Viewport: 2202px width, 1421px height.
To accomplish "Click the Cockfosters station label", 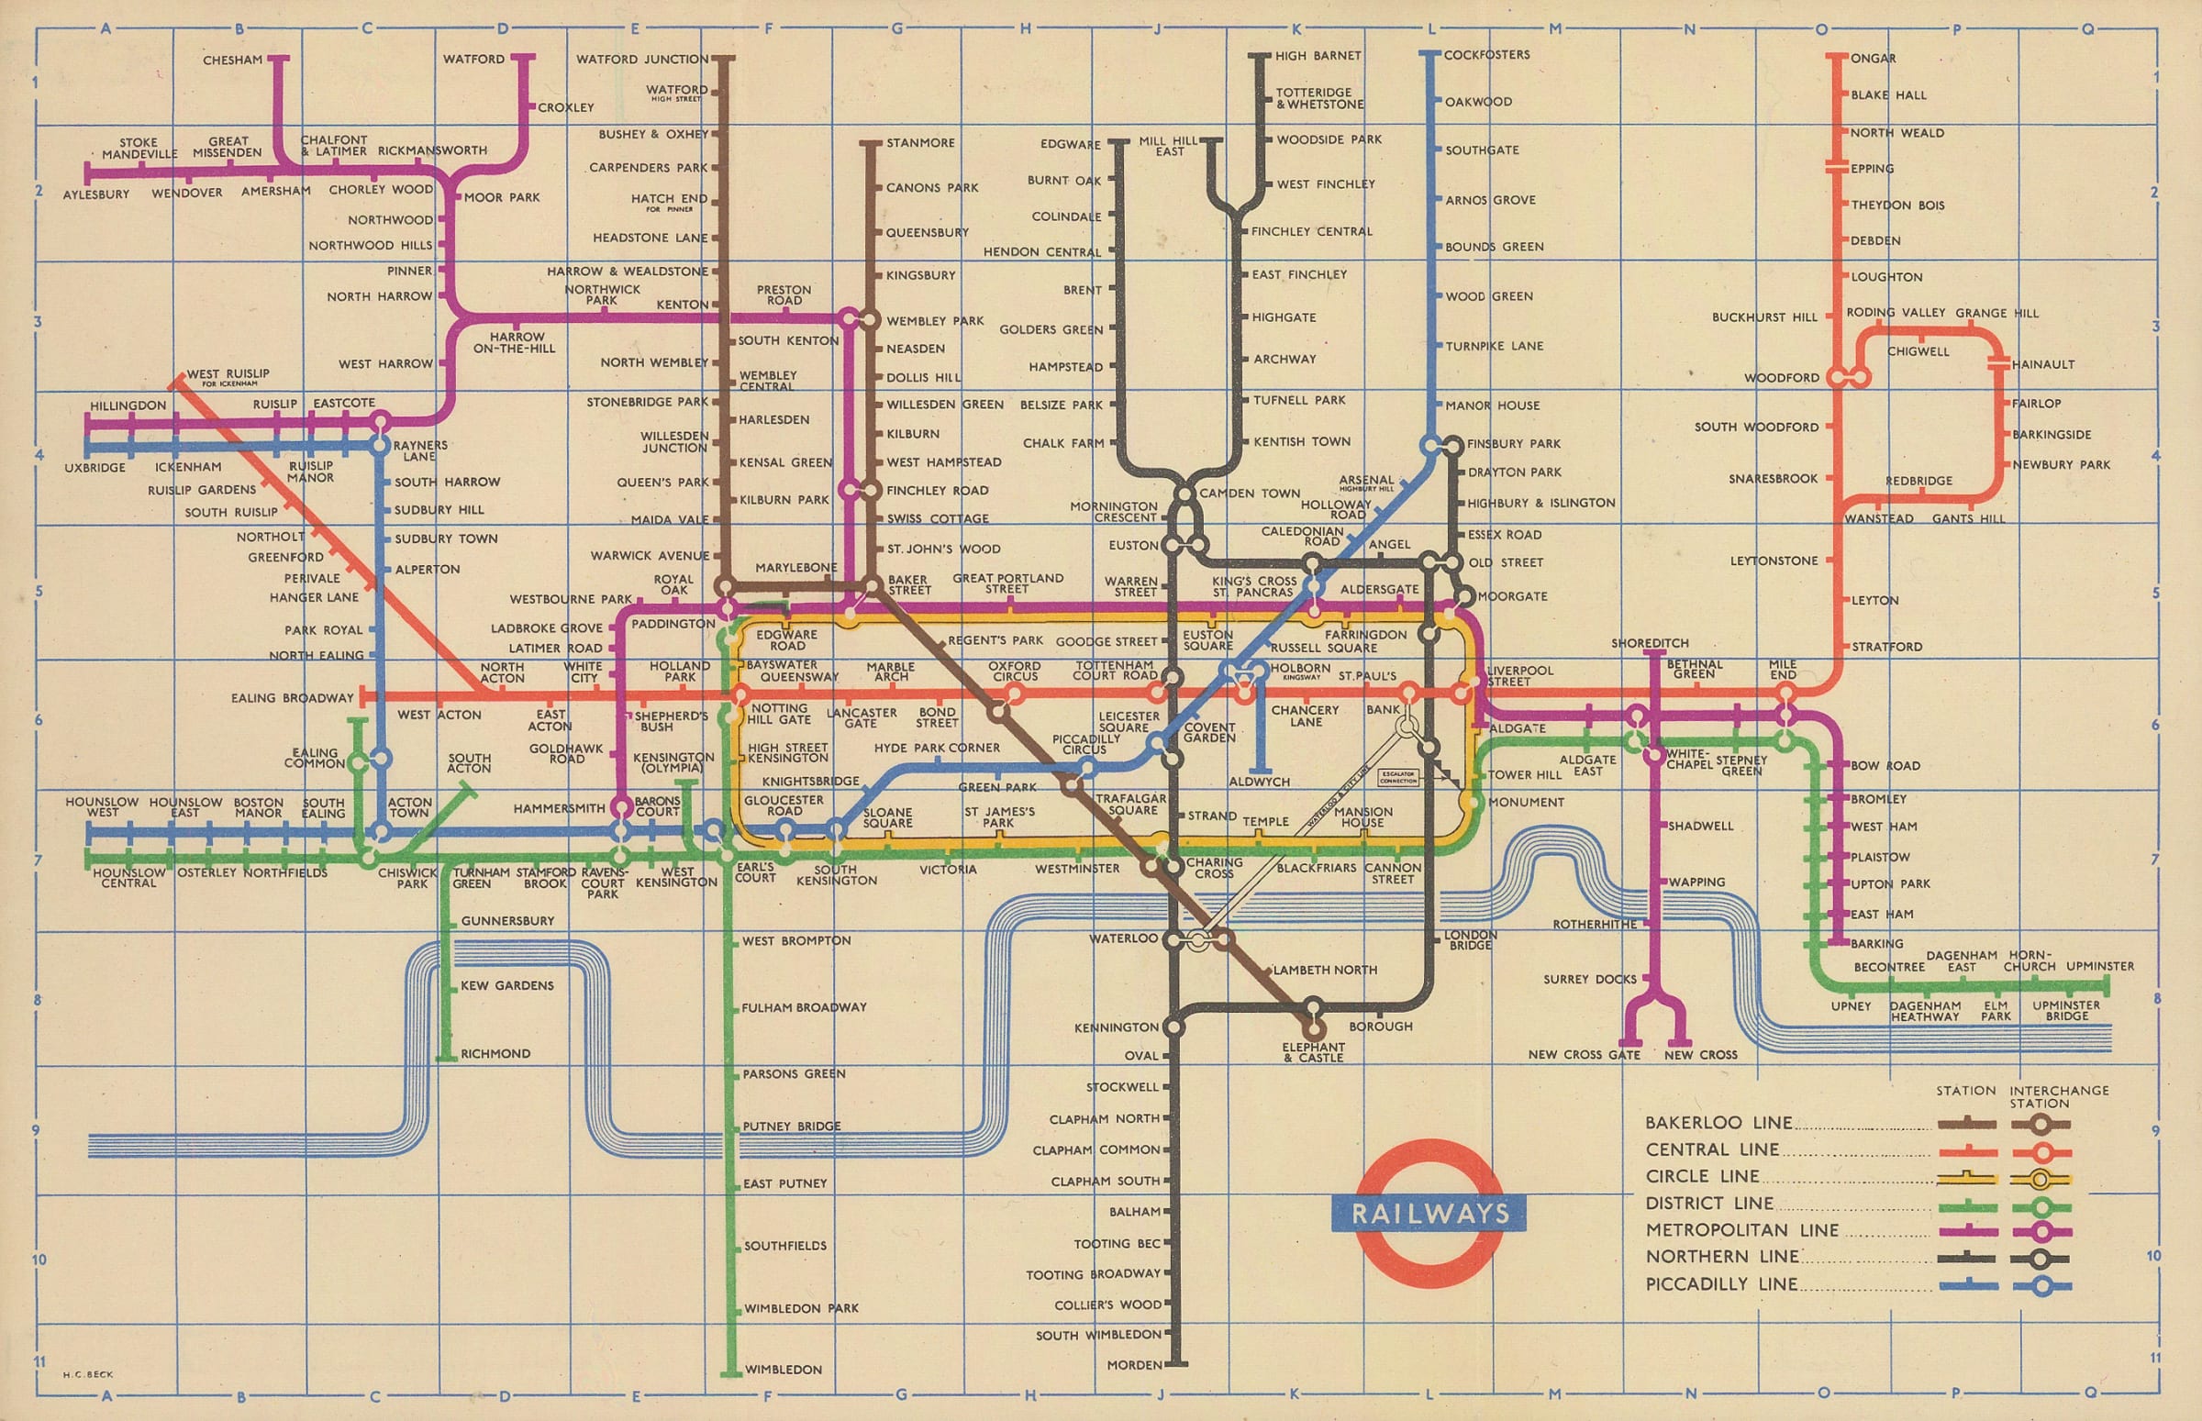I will click(1486, 54).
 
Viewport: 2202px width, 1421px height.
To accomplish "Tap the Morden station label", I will click(1134, 1365).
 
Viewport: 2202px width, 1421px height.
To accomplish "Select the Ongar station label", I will click(1873, 58).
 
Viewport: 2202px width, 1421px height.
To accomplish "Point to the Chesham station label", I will click(232, 60).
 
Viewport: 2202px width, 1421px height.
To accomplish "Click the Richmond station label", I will click(495, 1054).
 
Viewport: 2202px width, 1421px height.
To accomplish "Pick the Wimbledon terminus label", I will click(783, 1370).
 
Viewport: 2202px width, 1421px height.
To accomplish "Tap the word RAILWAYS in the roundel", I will click(1429, 1213).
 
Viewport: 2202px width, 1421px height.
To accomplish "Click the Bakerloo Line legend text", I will click(1718, 1123).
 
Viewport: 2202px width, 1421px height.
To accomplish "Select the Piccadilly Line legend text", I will click(1721, 1283).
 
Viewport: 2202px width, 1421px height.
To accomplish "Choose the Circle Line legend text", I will click(1702, 1176).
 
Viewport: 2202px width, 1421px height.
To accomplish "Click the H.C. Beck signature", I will click(88, 1374).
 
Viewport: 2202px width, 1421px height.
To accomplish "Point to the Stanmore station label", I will click(920, 143).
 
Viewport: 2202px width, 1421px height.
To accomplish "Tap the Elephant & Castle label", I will click(1313, 1052).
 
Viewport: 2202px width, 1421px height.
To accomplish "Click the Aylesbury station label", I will click(96, 194).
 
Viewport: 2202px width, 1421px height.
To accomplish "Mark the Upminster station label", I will click(2099, 966).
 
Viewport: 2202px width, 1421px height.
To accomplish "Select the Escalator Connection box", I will click(1397, 777).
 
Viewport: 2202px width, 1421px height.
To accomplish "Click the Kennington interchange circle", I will click(1173, 1026).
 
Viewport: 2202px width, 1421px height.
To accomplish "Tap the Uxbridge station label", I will click(95, 468).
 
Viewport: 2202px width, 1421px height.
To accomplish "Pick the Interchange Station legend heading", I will click(2059, 1096).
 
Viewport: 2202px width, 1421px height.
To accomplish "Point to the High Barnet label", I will click(1318, 55).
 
